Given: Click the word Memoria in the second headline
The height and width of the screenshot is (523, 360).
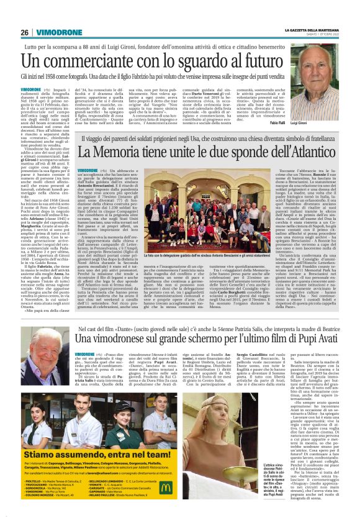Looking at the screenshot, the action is (x=120, y=152).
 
